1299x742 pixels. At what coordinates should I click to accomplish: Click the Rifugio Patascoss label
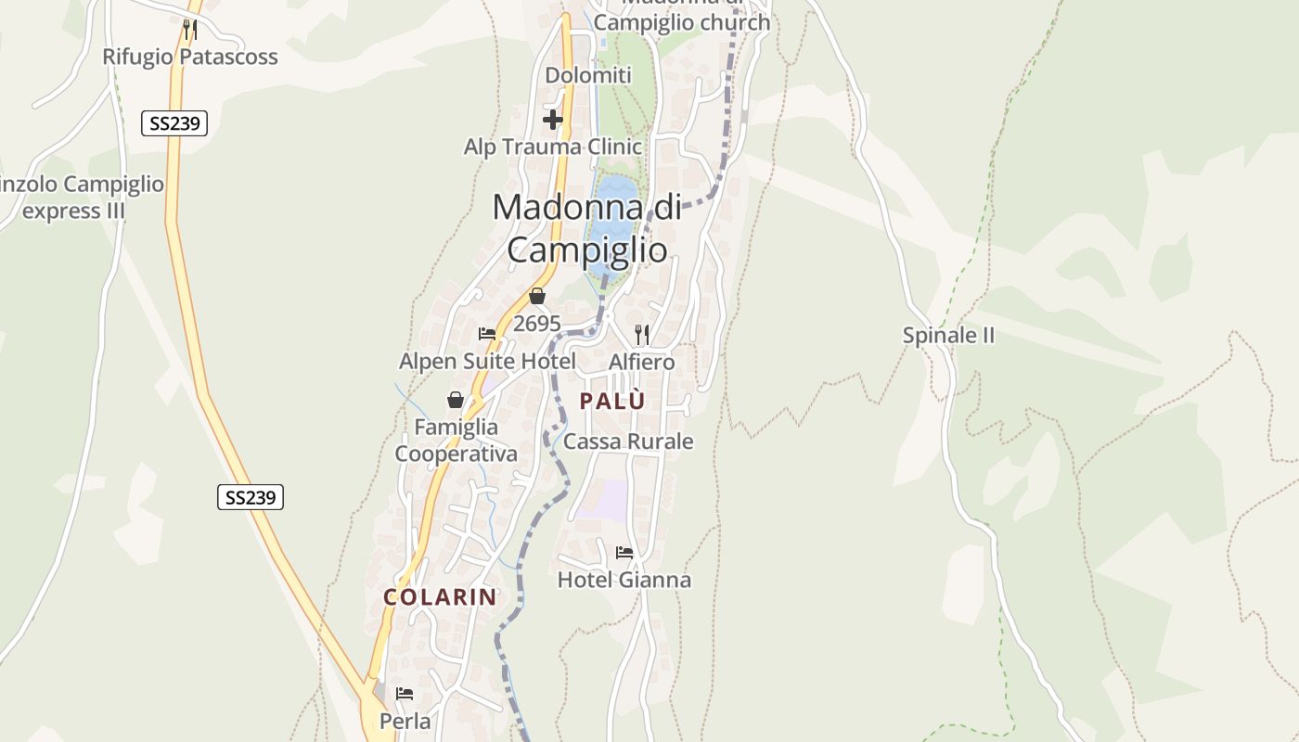(189, 57)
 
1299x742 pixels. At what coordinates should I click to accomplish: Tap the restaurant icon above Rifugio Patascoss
(189, 30)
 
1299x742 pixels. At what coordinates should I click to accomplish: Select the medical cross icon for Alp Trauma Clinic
(553, 120)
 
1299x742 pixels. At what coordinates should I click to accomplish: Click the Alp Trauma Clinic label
(552, 147)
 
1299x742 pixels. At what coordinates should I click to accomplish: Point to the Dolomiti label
(588, 75)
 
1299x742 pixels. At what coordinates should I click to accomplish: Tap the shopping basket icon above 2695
(536, 297)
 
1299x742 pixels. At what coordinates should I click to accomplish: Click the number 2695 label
(536, 324)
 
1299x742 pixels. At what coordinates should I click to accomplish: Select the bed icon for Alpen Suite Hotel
(487, 334)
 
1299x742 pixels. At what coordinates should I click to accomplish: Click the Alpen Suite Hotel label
(487, 361)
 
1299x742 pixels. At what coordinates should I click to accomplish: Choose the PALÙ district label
(611, 401)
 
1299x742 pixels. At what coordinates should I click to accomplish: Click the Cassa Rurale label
(628, 441)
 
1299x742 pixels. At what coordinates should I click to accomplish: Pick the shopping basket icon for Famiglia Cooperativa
(456, 400)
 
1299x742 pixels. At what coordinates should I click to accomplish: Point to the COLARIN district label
(441, 597)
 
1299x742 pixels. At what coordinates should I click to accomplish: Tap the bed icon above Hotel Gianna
(624, 553)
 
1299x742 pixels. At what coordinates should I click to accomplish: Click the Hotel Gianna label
(624, 581)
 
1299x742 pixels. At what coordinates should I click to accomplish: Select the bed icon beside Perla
(405, 694)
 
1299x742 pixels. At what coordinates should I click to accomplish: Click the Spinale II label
(948, 336)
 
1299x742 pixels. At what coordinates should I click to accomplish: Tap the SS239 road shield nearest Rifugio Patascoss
(174, 122)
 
